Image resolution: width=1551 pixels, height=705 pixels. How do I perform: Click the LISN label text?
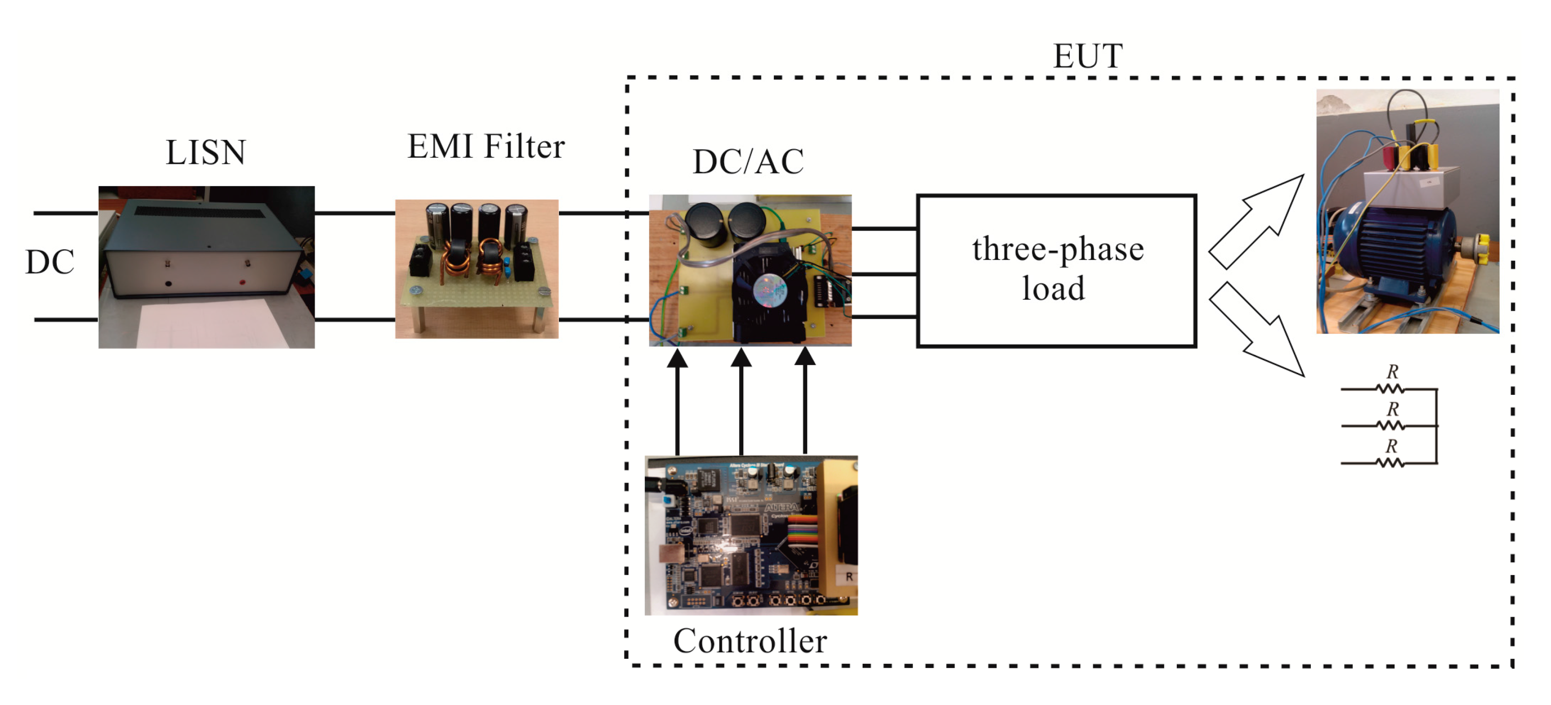(x=205, y=152)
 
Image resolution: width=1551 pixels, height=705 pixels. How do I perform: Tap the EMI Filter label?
(x=485, y=146)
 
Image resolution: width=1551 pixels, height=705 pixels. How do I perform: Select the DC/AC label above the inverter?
(x=748, y=162)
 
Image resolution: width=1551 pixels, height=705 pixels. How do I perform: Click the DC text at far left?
(x=49, y=262)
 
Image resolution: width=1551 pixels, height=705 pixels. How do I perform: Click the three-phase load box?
(x=1056, y=270)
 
